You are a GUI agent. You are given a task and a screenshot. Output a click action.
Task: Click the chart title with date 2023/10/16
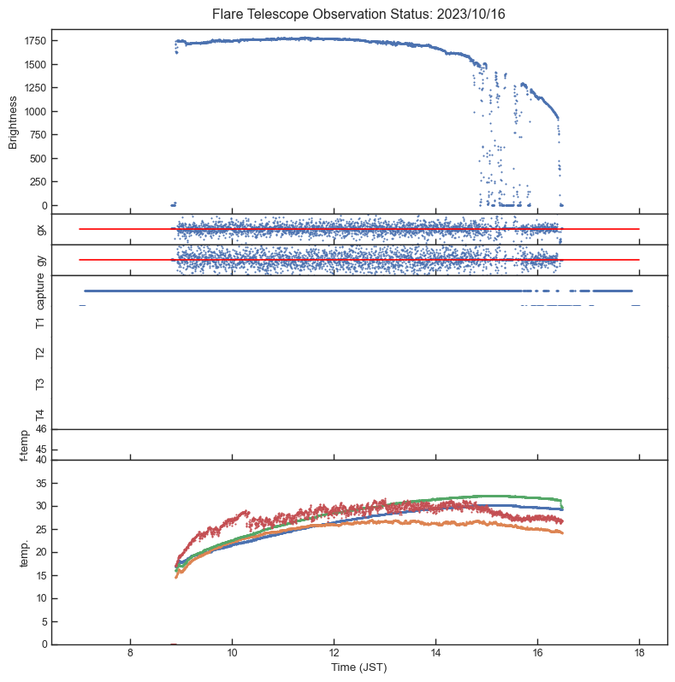pyautogui.click(x=338, y=15)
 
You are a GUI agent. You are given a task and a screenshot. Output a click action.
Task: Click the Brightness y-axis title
pyautogui.click(x=13, y=122)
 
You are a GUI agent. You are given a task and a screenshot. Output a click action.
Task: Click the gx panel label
pyautogui.click(x=40, y=229)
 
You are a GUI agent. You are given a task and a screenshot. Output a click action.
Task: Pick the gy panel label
pyautogui.click(x=40, y=260)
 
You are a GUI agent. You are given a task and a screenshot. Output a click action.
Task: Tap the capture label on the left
pyautogui.click(x=40, y=291)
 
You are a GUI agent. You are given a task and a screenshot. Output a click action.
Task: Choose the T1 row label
pyautogui.click(x=40, y=322)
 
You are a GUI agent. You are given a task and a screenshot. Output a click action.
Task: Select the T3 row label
pyautogui.click(x=40, y=384)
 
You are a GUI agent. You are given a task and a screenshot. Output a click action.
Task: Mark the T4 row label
pyautogui.click(x=40, y=414)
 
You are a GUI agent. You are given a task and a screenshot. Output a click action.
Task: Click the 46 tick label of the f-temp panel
pyautogui.click(x=40, y=430)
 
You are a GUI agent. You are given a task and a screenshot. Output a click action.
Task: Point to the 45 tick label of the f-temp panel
pyautogui.click(x=40, y=450)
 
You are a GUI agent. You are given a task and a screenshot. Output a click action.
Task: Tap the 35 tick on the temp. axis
pyautogui.click(x=40, y=483)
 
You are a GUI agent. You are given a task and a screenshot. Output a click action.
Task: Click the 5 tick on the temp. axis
pyautogui.click(x=43, y=621)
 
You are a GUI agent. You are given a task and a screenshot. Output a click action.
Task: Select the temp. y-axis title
pyautogui.click(x=26, y=551)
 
